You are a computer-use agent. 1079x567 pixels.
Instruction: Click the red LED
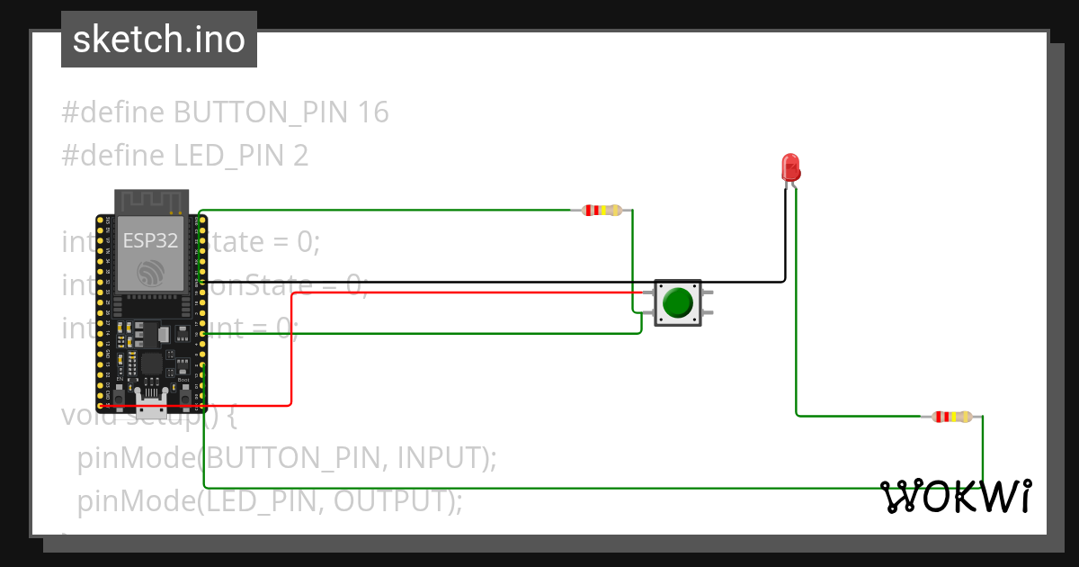(790, 167)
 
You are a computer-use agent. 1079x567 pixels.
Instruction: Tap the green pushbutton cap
(677, 302)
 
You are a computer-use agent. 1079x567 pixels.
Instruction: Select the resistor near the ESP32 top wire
(602, 211)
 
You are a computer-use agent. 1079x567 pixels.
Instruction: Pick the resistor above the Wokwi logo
(951, 417)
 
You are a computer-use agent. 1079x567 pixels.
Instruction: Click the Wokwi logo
(956, 497)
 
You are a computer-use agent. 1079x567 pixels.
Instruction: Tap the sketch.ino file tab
(159, 40)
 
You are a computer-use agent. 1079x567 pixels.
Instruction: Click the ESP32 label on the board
(150, 240)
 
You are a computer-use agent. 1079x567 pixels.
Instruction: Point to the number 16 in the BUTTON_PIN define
(372, 112)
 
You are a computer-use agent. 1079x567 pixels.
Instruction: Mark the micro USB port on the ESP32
(150, 396)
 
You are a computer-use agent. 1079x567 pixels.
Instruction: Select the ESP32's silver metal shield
(150, 254)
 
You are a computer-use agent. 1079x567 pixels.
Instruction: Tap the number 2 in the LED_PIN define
(300, 156)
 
